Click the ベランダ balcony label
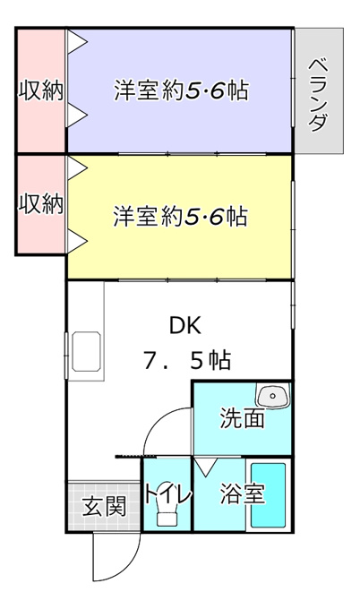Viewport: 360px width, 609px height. click(319, 95)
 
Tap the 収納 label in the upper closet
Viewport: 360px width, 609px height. click(41, 90)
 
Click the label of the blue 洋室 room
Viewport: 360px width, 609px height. click(181, 90)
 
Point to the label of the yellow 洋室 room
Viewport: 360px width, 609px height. click(181, 216)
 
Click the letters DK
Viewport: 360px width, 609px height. click(185, 325)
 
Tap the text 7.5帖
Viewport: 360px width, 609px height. click(187, 360)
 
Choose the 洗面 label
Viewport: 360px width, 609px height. click(243, 418)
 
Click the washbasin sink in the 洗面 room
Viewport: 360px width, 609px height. click(273, 396)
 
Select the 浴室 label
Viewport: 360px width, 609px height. click(243, 493)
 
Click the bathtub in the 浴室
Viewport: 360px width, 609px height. click(269, 494)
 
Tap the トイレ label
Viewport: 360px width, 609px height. click(167, 494)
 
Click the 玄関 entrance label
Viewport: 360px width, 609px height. click(105, 506)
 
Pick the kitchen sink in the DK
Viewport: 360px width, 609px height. click(86, 351)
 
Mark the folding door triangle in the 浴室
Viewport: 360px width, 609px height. click(205, 467)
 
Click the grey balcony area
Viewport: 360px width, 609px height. click(319, 90)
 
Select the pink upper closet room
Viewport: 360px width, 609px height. click(41, 90)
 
